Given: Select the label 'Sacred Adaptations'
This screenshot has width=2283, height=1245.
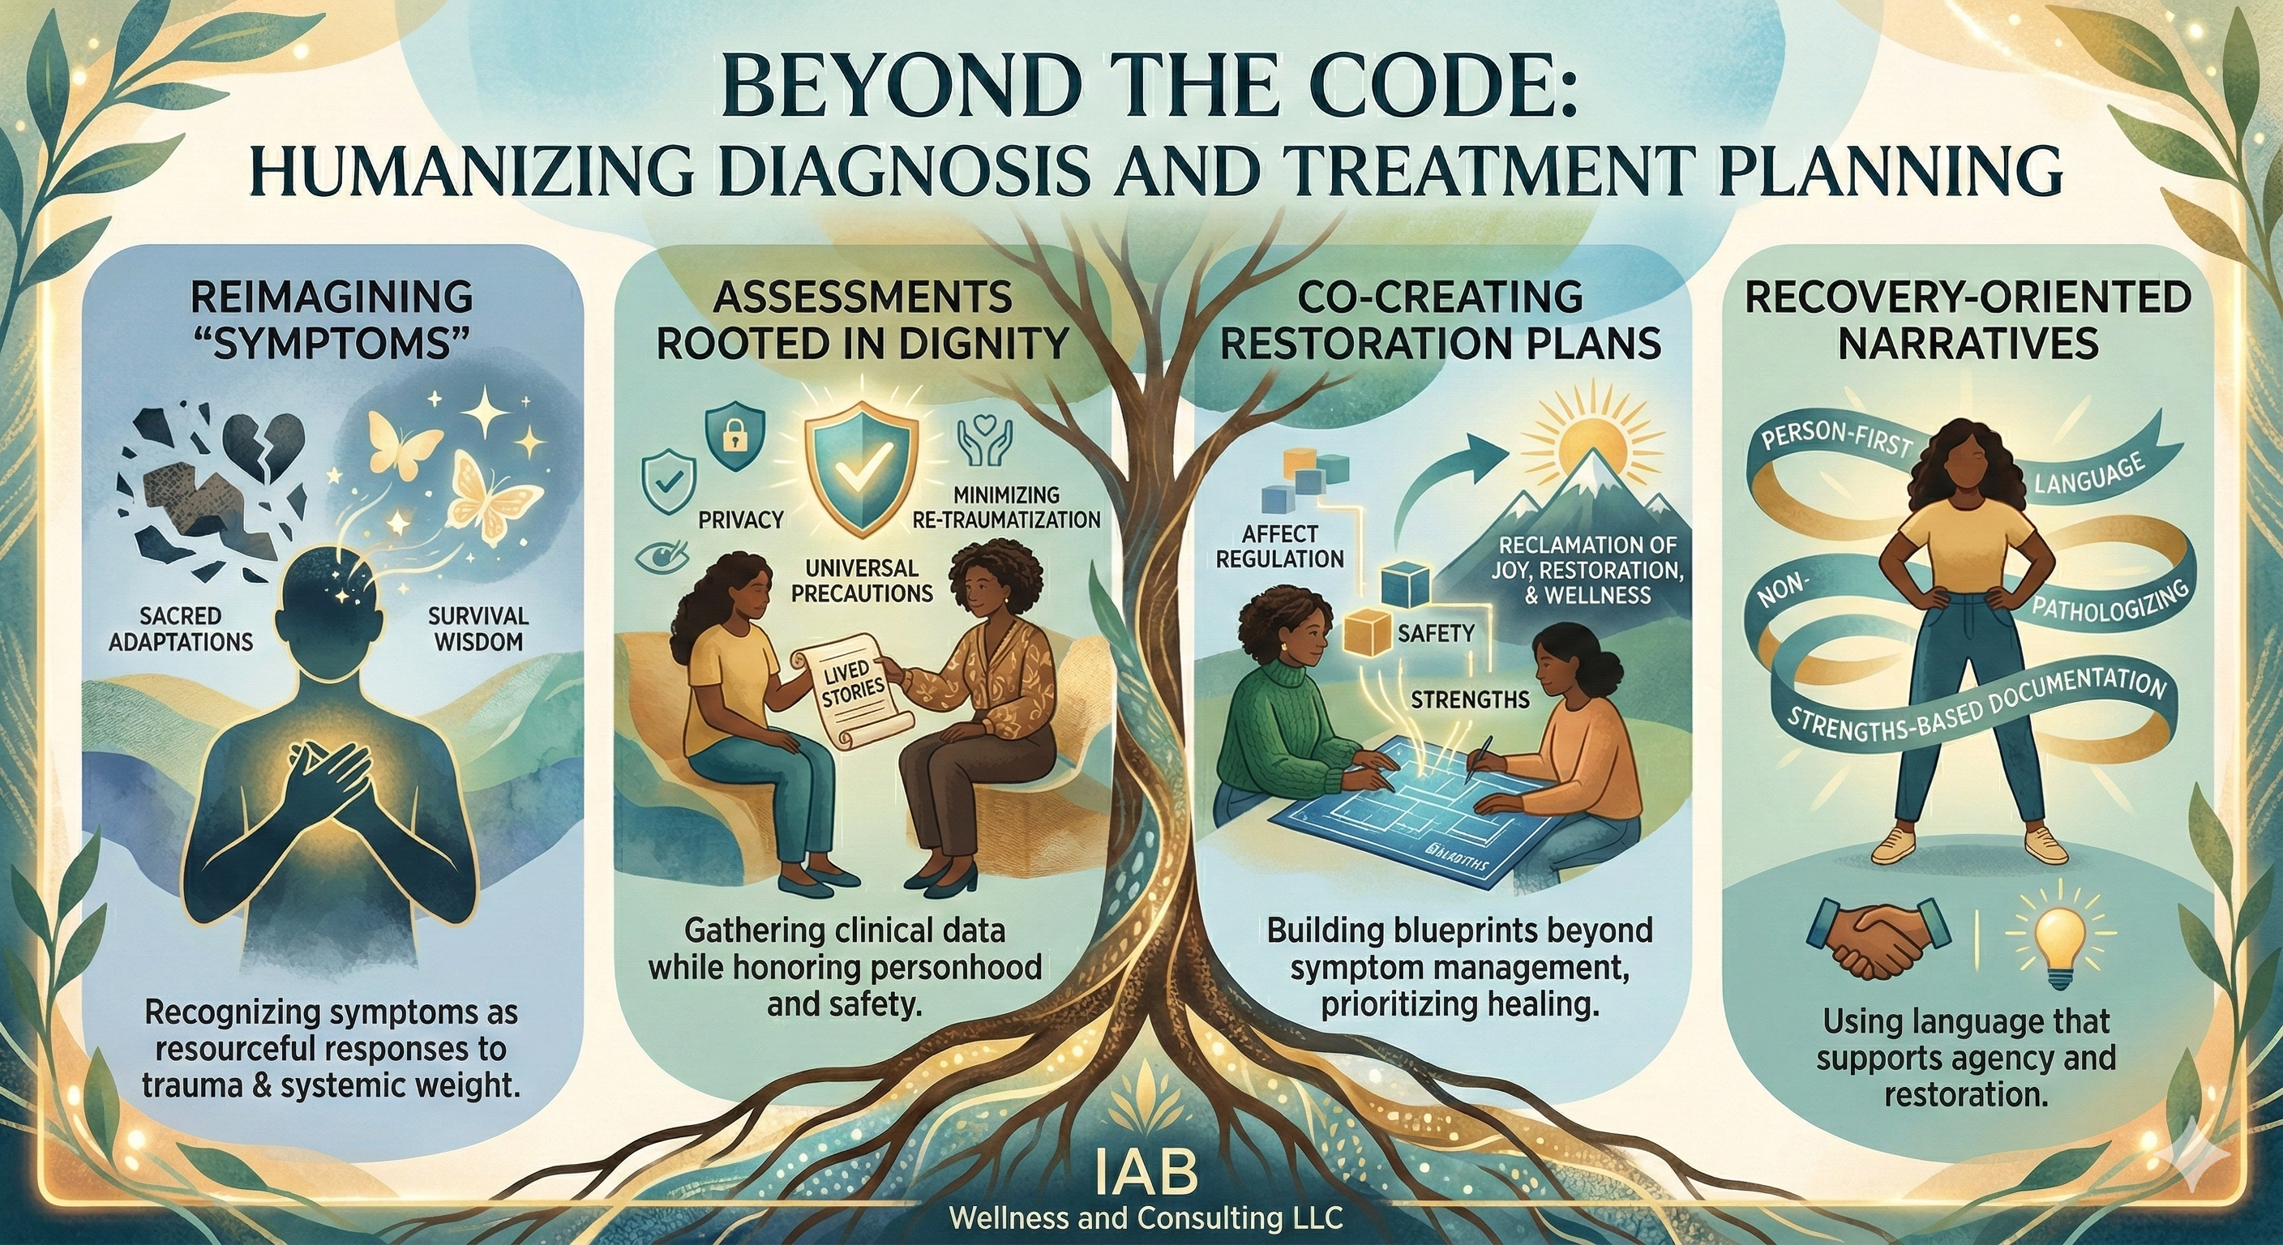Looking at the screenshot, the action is tap(181, 628).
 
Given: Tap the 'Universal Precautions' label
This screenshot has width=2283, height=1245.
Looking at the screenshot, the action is tap(862, 580).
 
